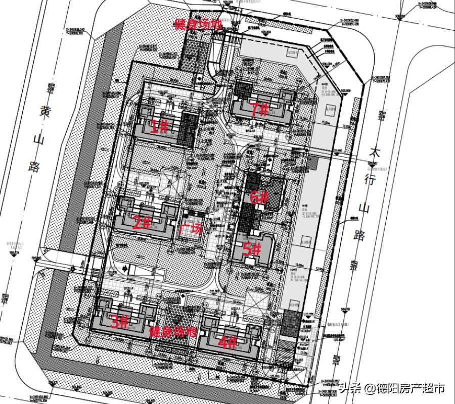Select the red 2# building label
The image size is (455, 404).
pyautogui.click(x=142, y=223)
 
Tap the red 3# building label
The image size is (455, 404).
pyautogui.click(x=119, y=322)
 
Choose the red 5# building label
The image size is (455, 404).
pyautogui.click(x=251, y=249)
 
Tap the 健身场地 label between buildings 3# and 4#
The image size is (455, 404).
pyautogui.click(x=172, y=332)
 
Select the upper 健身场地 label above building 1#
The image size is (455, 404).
pyautogui.click(x=198, y=24)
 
